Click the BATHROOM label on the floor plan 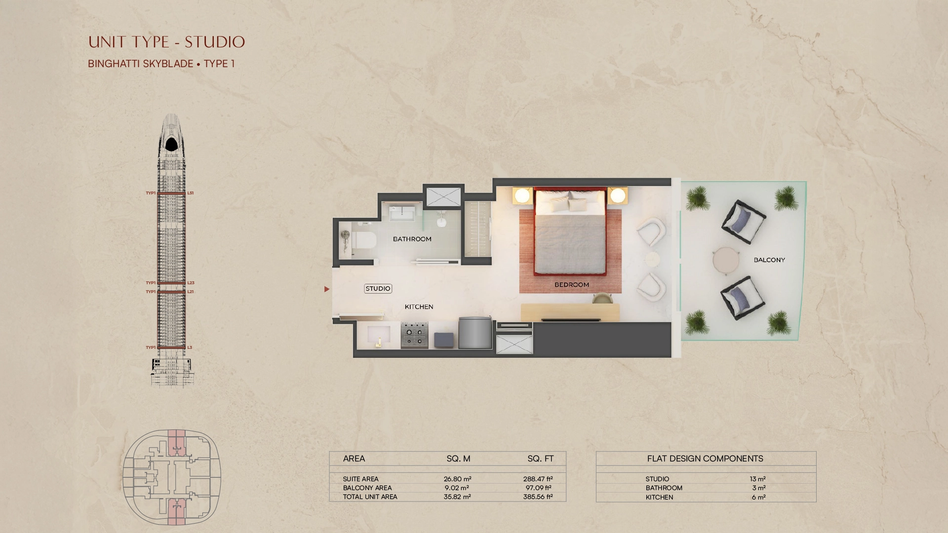click(412, 239)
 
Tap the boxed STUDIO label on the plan click(378, 289)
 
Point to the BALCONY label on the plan click(769, 260)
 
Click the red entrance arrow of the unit click(326, 289)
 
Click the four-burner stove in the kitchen click(414, 335)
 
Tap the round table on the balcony click(726, 260)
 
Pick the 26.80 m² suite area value click(457, 479)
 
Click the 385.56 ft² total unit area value click(538, 497)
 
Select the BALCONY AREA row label click(367, 488)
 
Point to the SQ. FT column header click(541, 458)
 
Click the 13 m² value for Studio click(757, 479)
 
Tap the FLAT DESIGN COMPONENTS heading click(705, 458)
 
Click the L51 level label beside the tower click(191, 193)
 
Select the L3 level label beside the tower click(190, 347)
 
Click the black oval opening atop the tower click(171, 144)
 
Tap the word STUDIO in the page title click(215, 42)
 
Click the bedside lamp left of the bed click(522, 196)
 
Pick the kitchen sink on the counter click(379, 335)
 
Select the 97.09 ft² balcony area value click(538, 488)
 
